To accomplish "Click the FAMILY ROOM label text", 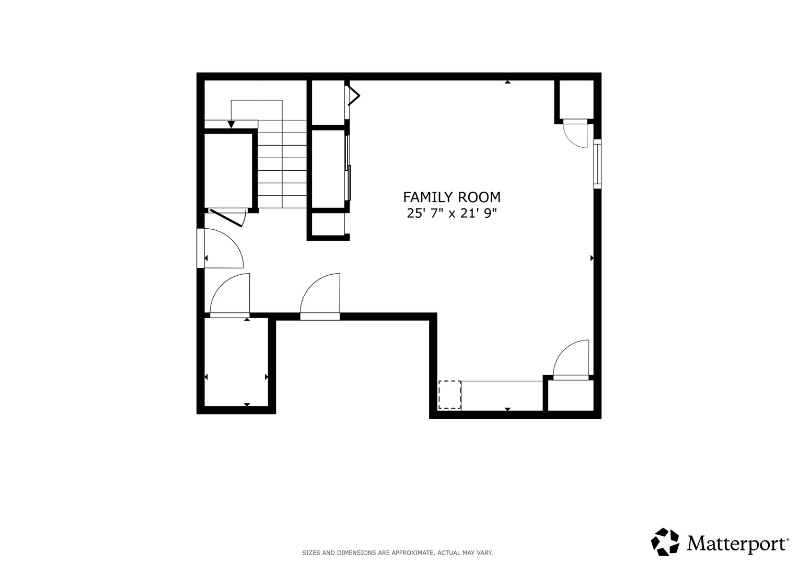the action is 452,197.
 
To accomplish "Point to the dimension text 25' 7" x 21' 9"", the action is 452,213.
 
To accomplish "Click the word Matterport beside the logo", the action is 737,544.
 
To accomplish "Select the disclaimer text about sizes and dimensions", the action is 397,553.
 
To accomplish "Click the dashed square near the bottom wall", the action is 449,395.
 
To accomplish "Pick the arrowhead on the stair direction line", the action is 231,125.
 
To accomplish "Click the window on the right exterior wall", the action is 597,164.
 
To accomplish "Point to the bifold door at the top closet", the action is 353,96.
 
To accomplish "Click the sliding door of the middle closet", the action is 348,167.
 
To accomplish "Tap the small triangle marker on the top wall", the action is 507,82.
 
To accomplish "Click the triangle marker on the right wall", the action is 592,258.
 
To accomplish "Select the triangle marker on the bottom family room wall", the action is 507,409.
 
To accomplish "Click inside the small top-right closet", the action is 576,100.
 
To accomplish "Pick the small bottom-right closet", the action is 571,396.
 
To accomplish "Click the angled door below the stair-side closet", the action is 226,218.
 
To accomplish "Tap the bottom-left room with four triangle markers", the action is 236,362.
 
